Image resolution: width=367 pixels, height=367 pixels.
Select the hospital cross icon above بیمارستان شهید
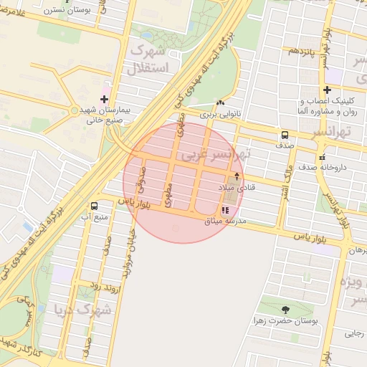pos(105,98)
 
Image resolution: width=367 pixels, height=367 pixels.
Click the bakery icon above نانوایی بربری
pos(219,103)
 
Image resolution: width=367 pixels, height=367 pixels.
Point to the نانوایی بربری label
pos(218,114)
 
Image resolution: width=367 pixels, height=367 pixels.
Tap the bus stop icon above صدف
pos(285,135)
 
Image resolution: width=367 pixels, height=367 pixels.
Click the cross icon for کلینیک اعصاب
pos(327,90)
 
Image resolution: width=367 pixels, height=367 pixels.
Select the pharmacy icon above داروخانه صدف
pos(322,156)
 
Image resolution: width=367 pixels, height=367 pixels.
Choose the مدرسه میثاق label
pos(225,221)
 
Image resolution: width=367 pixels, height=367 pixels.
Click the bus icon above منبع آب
pos(94,206)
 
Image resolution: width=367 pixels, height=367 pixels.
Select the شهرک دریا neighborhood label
pos(84,310)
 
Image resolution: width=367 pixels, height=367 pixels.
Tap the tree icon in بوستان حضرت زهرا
pos(285,310)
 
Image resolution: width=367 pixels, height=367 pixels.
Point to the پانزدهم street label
pos(302,51)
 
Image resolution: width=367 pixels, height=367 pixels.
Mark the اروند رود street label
pos(104,285)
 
